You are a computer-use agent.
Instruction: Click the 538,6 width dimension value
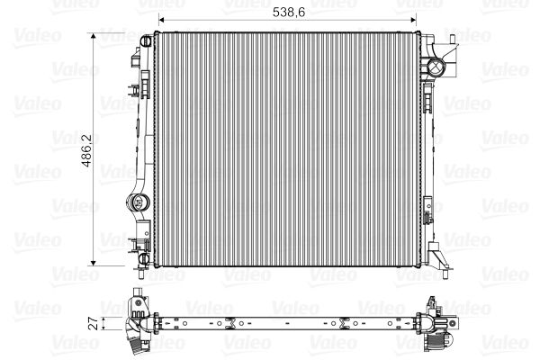pyautogui.click(x=289, y=12)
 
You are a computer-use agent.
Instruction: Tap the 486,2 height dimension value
pyautogui.click(x=86, y=150)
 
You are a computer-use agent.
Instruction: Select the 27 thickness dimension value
pyautogui.click(x=94, y=324)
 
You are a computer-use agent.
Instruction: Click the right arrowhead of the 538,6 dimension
pyautogui.click(x=412, y=20)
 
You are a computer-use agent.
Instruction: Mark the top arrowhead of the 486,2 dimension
pyautogui.click(x=93, y=37)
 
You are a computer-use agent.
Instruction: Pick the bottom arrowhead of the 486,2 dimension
pyautogui.click(x=93, y=262)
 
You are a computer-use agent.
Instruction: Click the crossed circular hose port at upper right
pyautogui.click(x=436, y=66)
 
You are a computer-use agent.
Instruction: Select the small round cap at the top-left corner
pyautogui.click(x=146, y=41)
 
